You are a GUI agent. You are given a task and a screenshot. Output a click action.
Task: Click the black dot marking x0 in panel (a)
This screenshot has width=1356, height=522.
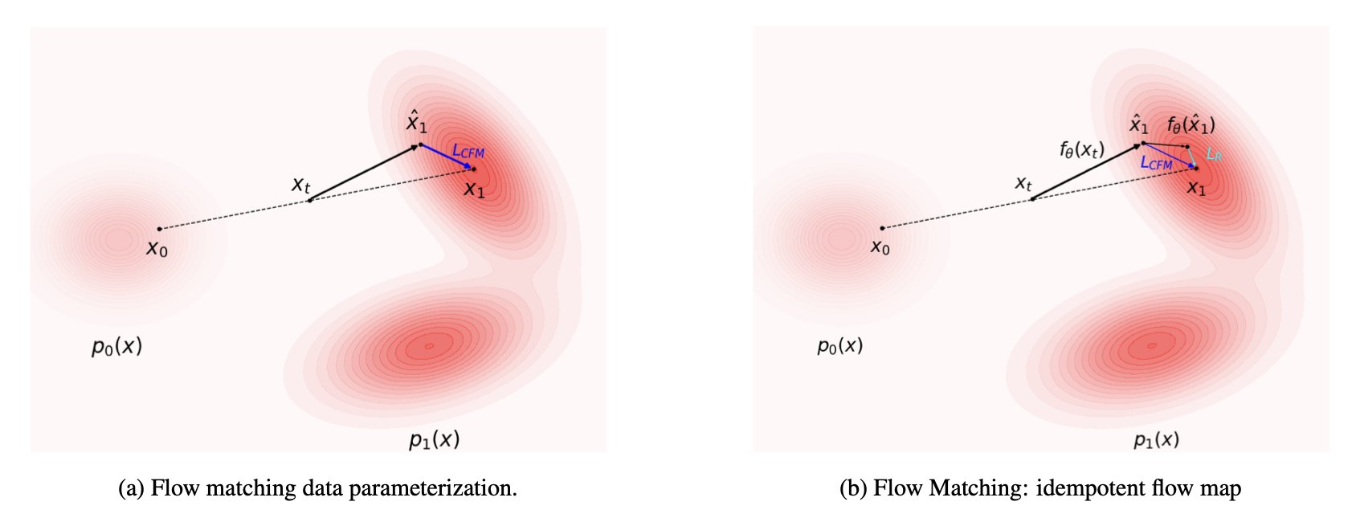[x=159, y=229]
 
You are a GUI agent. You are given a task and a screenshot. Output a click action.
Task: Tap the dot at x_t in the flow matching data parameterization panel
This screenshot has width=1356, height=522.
[x=310, y=200]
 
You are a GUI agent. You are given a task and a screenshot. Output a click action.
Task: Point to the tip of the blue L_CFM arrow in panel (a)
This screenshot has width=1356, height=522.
[x=473, y=168]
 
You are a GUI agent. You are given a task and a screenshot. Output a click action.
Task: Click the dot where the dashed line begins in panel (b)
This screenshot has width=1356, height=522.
[x=883, y=228]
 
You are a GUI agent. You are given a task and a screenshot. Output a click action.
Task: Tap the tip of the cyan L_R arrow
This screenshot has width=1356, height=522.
[x=1195, y=168]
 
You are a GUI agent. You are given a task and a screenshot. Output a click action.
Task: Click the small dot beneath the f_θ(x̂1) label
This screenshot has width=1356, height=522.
[x=1187, y=146]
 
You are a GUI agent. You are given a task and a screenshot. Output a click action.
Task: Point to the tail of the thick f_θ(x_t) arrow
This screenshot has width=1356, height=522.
[x=1033, y=199]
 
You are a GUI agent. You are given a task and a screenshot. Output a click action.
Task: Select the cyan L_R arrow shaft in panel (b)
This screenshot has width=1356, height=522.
[x=1191, y=157]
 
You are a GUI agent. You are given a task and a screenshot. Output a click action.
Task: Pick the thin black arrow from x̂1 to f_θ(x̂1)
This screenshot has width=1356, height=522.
[x=1165, y=145]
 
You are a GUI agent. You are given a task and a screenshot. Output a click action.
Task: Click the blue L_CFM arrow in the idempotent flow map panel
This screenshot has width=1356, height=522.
[x=1169, y=156]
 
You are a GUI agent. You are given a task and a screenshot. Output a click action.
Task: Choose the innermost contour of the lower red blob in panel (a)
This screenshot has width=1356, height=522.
[x=429, y=347]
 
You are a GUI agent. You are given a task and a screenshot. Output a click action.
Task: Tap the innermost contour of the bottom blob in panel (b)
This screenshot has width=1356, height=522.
[x=1152, y=347]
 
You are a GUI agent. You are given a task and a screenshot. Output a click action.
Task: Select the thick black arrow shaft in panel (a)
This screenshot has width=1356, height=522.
[x=365, y=173]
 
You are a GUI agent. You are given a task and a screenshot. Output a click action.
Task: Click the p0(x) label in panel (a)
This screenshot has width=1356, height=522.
[x=116, y=347]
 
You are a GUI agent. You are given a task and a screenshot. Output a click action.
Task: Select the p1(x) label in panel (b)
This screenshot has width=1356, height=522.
[x=1156, y=440]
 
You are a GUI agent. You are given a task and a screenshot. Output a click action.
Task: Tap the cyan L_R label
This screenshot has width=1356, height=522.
[x=1214, y=155]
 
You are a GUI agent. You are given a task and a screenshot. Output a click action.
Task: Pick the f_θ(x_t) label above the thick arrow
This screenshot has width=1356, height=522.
[x=1082, y=149]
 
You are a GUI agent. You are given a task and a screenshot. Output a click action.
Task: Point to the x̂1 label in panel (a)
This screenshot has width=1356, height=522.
[x=416, y=122]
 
